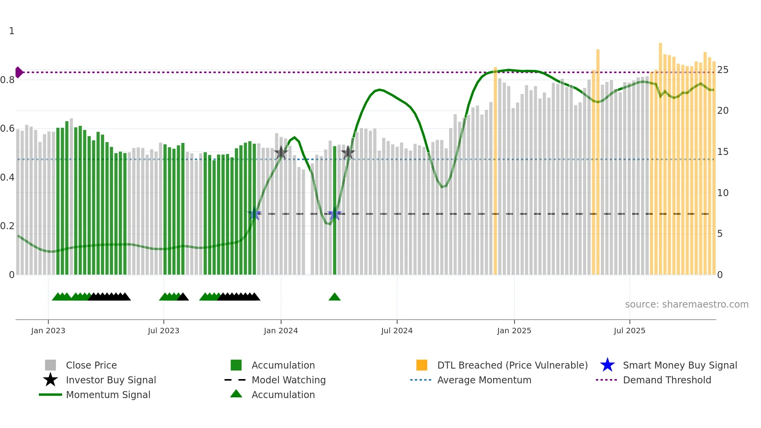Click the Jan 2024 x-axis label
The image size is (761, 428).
coord(281,331)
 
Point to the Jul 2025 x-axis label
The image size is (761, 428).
coord(629,331)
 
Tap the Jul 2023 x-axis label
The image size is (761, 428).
coord(163,331)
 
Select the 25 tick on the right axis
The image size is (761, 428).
coord(723,70)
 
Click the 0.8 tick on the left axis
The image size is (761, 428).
coord(7,80)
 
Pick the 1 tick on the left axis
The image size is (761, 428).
coord(12,31)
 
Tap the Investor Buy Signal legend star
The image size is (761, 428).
coord(50,380)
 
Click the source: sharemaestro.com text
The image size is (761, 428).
coord(686,304)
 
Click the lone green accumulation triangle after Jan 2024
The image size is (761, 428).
coord(334,297)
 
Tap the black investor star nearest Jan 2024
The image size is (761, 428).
coord(281,153)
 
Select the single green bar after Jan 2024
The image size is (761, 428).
coord(335,210)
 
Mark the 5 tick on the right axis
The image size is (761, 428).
coord(720,234)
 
